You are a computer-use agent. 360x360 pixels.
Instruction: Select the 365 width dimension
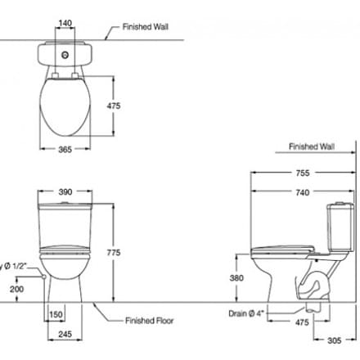[x=65, y=150]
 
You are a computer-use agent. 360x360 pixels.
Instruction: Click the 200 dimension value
[x=16, y=290]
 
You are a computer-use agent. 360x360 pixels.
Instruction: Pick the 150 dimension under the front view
[x=56, y=314]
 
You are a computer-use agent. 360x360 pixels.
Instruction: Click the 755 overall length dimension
[x=302, y=173]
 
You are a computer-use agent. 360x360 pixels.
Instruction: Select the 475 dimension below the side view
[x=302, y=322]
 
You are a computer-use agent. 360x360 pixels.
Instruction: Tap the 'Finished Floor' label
[x=150, y=321]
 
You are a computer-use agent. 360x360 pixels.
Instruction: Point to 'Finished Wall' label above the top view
[x=146, y=26]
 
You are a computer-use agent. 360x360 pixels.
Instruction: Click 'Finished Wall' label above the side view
[x=312, y=148]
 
